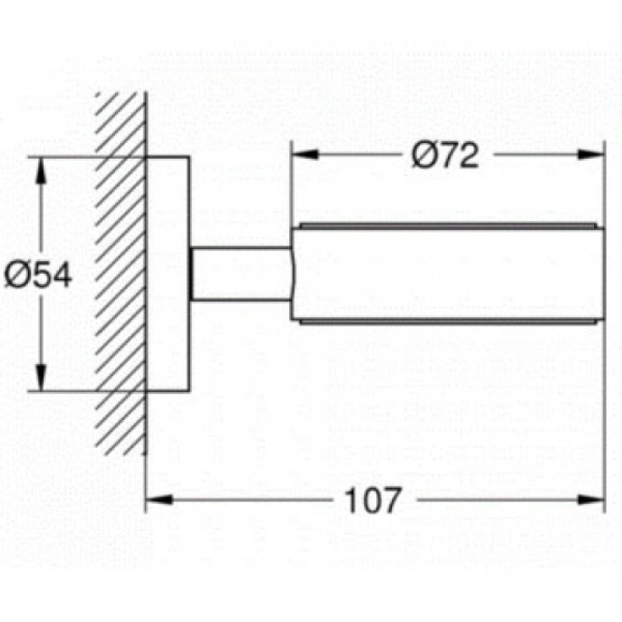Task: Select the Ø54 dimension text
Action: [x=37, y=274]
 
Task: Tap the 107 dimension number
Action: [x=372, y=500]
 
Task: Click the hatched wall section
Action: [x=121, y=272]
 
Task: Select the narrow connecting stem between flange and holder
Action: [x=241, y=274]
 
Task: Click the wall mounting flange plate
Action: [x=168, y=274]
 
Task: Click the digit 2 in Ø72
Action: [x=466, y=156]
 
